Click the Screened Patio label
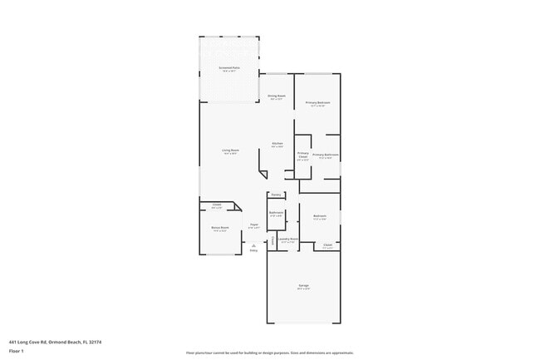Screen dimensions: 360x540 click(x=230, y=68)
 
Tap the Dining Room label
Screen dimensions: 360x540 click(x=277, y=96)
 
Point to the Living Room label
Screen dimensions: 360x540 click(x=230, y=150)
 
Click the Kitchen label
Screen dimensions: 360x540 click(x=277, y=144)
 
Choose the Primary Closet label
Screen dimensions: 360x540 click(x=303, y=155)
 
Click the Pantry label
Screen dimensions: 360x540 click(x=275, y=195)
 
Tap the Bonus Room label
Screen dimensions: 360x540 click(x=220, y=229)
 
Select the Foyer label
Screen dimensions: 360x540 click(x=253, y=225)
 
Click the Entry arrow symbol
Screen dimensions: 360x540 click(x=253, y=246)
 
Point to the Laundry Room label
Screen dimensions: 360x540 click(x=288, y=239)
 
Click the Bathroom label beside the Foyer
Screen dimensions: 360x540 click(x=277, y=214)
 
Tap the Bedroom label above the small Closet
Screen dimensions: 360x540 click(x=320, y=217)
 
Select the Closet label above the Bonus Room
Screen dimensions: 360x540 click(x=217, y=206)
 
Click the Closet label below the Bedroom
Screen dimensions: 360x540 click(x=327, y=246)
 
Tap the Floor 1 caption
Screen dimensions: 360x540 click(x=16, y=351)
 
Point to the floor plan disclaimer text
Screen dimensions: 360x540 click(x=269, y=353)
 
